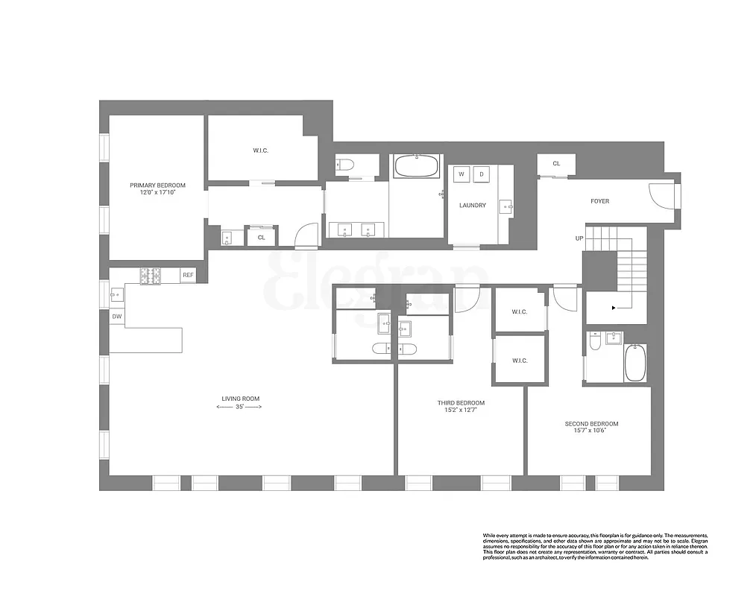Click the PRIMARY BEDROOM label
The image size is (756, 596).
pos(157,186)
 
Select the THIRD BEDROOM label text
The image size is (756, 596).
pos(461,403)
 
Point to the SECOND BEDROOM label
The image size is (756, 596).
pos(591,424)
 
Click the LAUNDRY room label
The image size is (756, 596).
pos(473,206)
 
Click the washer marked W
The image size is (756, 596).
pos(462,174)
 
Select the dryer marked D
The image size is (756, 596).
pos(481,174)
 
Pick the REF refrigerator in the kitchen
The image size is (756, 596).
pos(188,276)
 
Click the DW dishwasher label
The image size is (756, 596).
pos(116,317)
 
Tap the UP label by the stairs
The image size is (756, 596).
pos(579,238)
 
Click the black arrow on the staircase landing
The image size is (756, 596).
pos(614,306)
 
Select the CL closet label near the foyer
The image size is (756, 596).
pos(556,164)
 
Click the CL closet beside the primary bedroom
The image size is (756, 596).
pos(261,238)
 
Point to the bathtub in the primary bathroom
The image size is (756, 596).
pos(416,165)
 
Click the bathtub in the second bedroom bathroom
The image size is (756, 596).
pos(635,363)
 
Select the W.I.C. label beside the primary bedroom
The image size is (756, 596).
pos(260,150)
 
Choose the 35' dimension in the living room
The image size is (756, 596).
pos(239,408)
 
